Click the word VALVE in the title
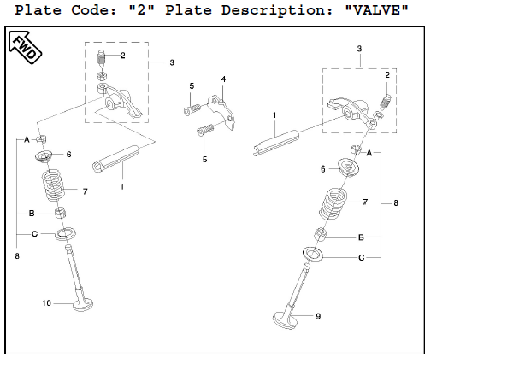pyautogui.click(x=375, y=11)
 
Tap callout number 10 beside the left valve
pyautogui.click(x=48, y=303)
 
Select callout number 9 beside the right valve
pyautogui.click(x=318, y=316)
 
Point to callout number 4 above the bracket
pyautogui.click(x=223, y=79)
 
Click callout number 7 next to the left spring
pyautogui.click(x=85, y=190)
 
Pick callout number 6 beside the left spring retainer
pyautogui.click(x=68, y=155)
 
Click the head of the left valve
pyautogui.click(x=82, y=304)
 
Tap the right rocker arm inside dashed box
pyautogui.click(x=349, y=108)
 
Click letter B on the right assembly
pyautogui.click(x=362, y=236)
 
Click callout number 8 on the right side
pyautogui.click(x=396, y=202)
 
